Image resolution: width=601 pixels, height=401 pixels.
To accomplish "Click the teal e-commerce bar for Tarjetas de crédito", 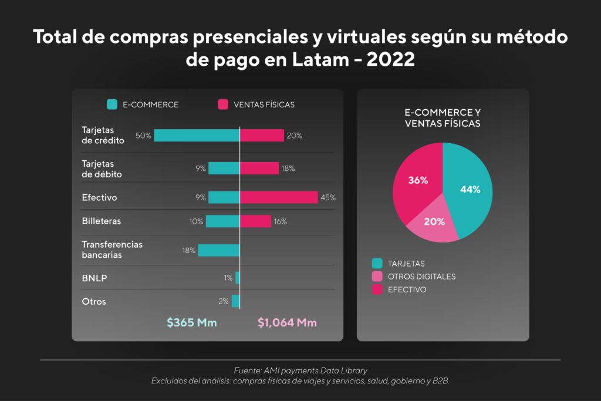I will point(197,136).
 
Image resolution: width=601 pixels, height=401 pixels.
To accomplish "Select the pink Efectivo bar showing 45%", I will point(279,197).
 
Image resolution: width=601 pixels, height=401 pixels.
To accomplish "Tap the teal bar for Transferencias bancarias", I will point(218,250).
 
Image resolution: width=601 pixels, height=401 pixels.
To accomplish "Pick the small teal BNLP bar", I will point(238,278).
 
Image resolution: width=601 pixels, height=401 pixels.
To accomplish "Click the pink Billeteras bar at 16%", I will point(255,221).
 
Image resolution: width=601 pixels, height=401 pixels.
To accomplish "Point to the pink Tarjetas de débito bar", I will point(259,169).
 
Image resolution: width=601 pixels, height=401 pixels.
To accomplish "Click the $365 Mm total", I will point(191,322).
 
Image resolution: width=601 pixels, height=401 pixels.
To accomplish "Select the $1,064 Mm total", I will point(287,322).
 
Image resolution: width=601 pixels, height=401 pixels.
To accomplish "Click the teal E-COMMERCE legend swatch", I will point(112,105).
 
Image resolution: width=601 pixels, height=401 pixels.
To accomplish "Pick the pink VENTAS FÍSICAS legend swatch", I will point(223,105).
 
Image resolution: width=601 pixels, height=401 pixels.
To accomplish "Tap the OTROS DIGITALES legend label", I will point(421,277).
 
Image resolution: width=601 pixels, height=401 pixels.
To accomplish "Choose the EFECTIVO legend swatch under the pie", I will point(376,289).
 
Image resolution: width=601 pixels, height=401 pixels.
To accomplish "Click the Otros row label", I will point(94,302).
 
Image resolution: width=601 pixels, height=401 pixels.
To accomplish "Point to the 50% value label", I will point(143,136).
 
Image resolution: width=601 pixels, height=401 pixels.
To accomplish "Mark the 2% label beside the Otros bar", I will point(223,302).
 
